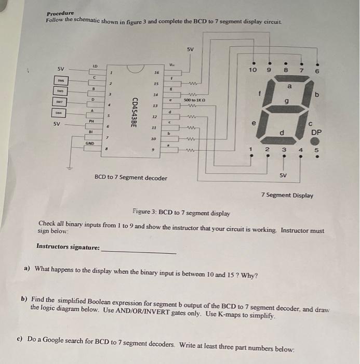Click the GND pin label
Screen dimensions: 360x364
(x=89, y=142)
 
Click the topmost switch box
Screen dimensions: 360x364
(x=61, y=80)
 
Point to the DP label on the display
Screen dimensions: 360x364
(x=316, y=132)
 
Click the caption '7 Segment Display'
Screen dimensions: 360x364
(x=287, y=196)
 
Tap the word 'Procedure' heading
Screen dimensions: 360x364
(x=60, y=13)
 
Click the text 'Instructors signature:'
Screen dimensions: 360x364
(x=68, y=246)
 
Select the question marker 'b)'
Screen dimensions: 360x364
(x=24, y=300)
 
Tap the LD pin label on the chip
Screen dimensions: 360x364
(x=95, y=66)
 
